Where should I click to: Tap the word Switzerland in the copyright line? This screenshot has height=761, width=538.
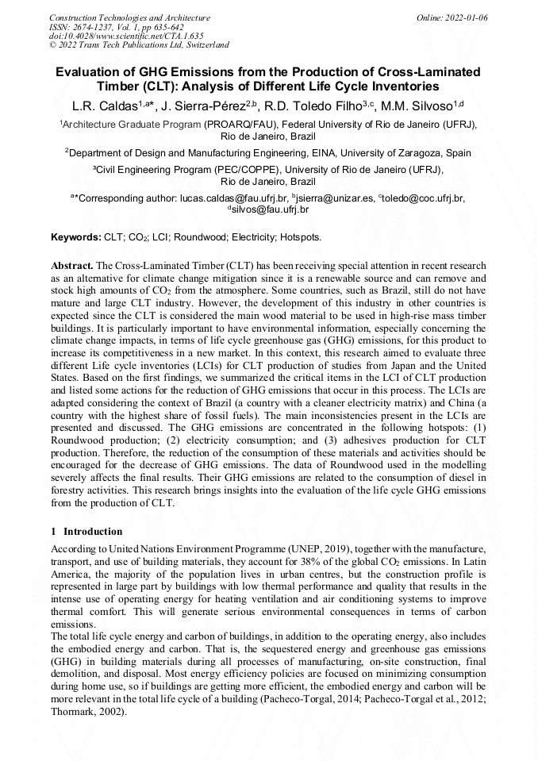(203, 45)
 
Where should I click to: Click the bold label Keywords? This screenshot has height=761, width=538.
(76, 237)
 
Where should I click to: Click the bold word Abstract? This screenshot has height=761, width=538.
(72, 264)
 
